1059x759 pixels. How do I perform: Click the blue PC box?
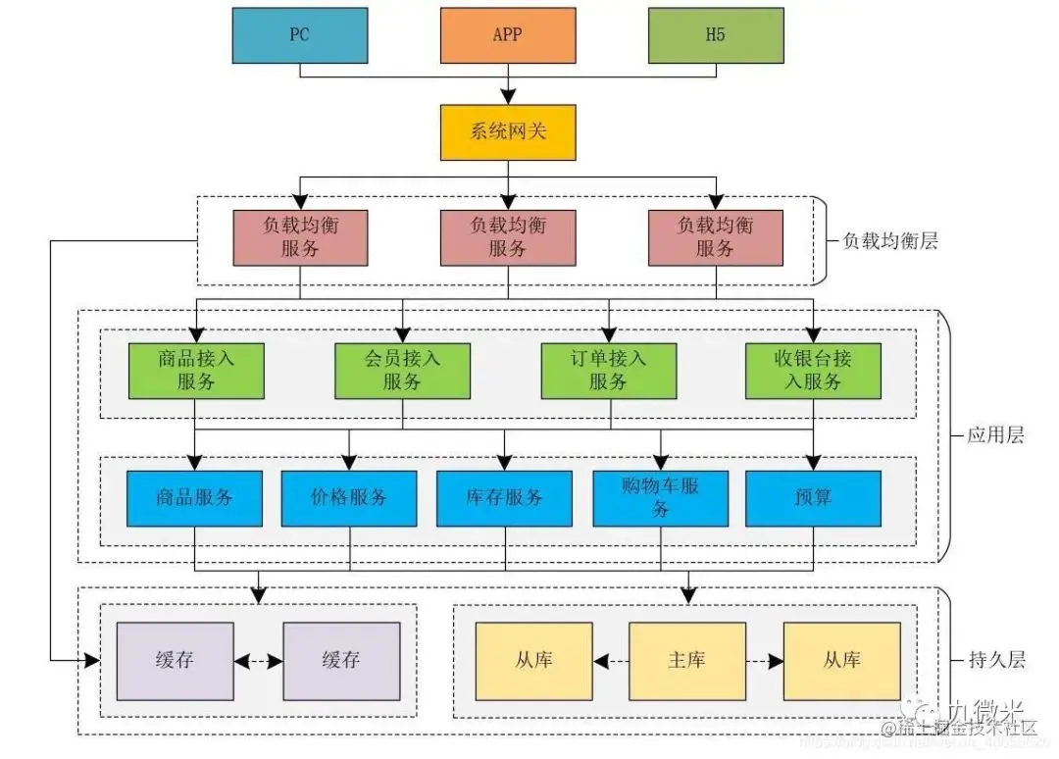click(299, 35)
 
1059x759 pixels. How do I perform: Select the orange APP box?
click(507, 35)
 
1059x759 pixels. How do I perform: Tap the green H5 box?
click(716, 35)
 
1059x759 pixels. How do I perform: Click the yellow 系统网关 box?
click(507, 131)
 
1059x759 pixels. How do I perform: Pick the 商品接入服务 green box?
click(196, 370)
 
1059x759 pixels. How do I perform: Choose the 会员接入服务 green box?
click(402, 370)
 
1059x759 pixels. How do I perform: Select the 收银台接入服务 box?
click(813, 370)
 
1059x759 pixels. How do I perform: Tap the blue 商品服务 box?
click(194, 498)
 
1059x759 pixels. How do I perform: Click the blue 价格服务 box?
click(349, 498)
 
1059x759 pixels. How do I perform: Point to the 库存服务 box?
click(504, 498)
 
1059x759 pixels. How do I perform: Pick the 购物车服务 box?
click(660, 498)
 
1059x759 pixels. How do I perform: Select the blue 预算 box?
click(813, 498)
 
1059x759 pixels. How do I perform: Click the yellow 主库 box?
click(686, 660)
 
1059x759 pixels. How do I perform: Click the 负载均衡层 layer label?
click(890, 241)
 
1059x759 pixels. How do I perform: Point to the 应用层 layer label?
click(995, 434)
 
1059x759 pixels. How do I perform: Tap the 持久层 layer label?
click(995, 659)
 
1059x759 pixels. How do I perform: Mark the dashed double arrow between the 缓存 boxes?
click(259, 660)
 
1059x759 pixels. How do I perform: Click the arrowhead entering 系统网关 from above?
click(507, 96)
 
